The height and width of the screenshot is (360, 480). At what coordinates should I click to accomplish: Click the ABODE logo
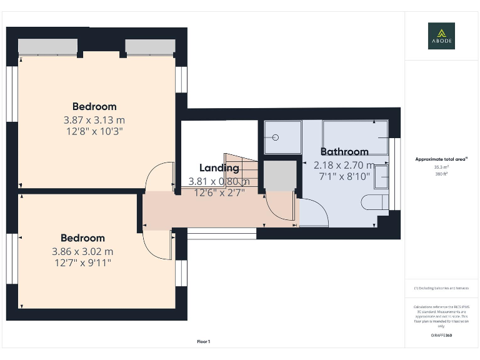click(x=441, y=36)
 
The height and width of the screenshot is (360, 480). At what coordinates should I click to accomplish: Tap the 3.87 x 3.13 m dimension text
click(x=94, y=119)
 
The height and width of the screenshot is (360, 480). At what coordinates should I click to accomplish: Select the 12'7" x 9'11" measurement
click(x=82, y=263)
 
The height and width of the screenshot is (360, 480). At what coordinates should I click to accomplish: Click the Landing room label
click(x=219, y=167)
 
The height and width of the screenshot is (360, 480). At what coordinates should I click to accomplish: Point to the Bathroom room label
click(x=344, y=151)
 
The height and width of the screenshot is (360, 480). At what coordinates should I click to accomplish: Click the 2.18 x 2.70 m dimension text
click(x=344, y=165)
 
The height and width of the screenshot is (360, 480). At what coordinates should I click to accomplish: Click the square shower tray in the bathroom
click(x=282, y=137)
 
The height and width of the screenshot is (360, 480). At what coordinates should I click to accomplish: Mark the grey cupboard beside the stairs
click(x=279, y=176)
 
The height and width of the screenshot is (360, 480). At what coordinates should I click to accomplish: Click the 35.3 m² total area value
click(x=441, y=167)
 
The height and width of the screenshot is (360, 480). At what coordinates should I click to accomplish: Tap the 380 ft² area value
click(x=441, y=174)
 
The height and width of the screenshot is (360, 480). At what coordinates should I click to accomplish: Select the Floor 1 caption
click(x=204, y=342)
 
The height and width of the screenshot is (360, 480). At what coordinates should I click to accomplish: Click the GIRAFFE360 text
click(x=441, y=336)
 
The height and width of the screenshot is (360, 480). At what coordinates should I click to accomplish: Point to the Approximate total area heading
click(x=441, y=159)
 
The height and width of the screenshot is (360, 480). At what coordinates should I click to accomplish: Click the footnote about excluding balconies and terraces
click(x=441, y=288)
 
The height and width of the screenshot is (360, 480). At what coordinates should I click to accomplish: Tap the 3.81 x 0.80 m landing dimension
click(x=219, y=182)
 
